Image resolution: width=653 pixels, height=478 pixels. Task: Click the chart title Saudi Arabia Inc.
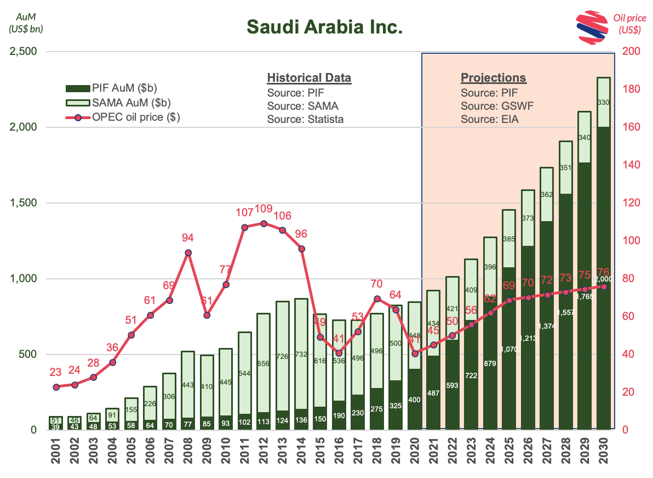tap(324, 26)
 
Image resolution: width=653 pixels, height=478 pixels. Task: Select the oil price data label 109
tap(264, 209)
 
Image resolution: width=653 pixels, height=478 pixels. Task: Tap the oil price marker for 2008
tap(188, 253)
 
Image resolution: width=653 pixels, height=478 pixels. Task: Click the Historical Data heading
tap(309, 77)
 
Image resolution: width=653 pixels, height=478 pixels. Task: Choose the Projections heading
tap(493, 77)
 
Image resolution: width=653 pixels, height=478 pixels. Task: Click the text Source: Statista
tap(305, 119)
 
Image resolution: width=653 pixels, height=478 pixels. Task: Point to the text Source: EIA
tap(489, 119)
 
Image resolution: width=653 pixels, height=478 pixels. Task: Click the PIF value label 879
tap(490, 363)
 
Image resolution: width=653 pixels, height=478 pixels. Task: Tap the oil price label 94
tap(188, 238)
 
